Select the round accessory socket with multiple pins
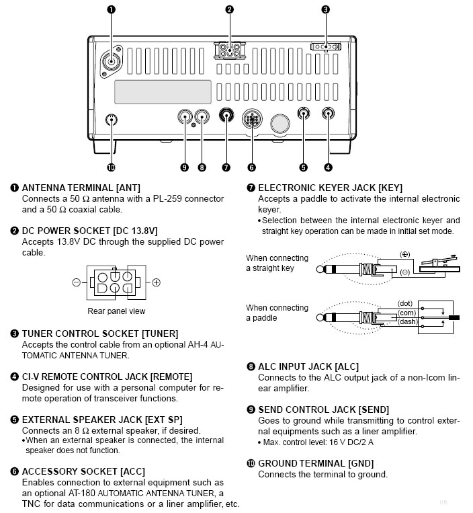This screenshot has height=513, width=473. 251,121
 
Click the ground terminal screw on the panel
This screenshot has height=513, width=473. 112,121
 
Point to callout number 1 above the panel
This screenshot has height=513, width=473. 112,9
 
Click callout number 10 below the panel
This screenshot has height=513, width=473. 112,167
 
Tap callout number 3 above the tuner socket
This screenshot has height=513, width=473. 325,9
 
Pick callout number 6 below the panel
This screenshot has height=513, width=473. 251,167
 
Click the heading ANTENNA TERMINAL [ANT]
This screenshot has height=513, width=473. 81,188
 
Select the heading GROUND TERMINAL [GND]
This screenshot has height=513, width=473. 316,463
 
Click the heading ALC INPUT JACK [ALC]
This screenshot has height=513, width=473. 308,366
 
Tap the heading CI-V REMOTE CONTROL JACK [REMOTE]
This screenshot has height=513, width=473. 107,377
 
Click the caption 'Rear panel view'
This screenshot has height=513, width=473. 116,311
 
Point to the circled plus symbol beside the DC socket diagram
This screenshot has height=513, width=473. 156,282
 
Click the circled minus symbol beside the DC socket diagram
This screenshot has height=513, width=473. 77,282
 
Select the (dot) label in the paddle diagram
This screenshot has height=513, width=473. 405,303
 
